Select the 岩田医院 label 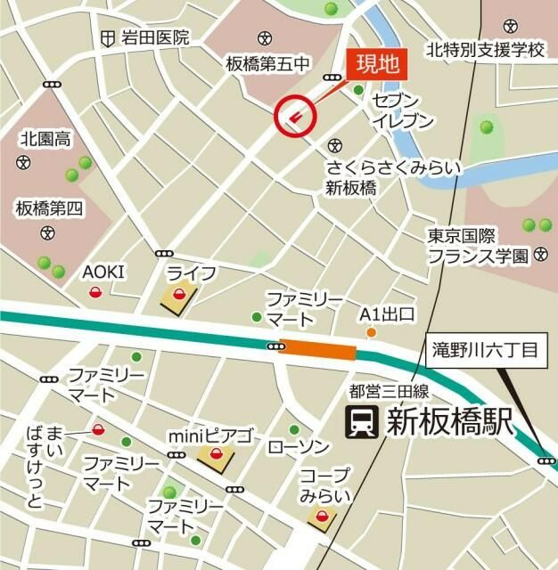point(156,37)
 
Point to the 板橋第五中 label point(267,63)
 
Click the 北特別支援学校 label point(485,49)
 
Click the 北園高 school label point(46,138)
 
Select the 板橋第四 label point(48,208)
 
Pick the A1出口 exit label point(387,314)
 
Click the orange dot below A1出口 point(372,333)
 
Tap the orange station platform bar point(317,350)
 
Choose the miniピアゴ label point(211,437)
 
